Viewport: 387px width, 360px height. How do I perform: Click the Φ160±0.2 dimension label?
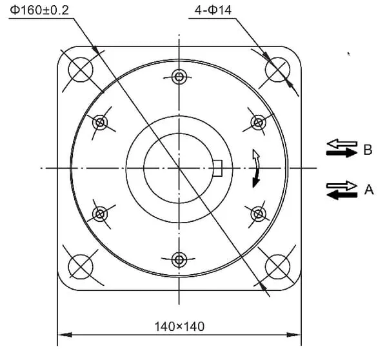39,10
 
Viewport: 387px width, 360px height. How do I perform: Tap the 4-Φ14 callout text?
213,10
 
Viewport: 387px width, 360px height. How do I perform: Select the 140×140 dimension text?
179,326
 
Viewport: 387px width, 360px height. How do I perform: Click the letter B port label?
368,150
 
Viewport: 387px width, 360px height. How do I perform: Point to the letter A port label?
369,190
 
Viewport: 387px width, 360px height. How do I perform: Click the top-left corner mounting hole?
81,70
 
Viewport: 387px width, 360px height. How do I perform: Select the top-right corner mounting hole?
277,70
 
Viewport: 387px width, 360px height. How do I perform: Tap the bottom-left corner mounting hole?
81,266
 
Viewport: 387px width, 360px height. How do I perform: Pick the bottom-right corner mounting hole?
277,266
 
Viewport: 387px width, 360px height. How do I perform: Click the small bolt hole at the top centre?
179,77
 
